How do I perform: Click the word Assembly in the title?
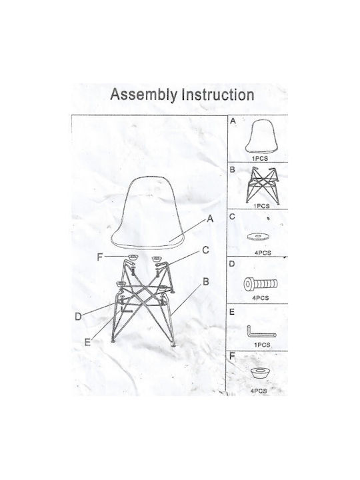point(143,95)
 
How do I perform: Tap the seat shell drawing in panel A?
point(261,136)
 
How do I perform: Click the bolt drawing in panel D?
point(261,285)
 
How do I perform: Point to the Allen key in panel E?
point(261,332)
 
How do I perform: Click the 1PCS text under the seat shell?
point(259,159)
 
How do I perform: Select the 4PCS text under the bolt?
point(261,298)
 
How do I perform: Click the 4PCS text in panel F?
point(259,391)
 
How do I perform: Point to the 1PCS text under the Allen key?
point(262,345)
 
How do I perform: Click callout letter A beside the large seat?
point(210,219)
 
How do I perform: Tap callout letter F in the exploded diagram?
point(99,257)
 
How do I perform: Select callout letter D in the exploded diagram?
point(79,317)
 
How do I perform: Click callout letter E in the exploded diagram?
point(87,342)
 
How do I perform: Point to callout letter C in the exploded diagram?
point(206,250)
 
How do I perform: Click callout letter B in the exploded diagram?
point(206,281)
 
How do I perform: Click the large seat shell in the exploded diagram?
point(147,212)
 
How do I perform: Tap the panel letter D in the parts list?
point(232,263)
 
